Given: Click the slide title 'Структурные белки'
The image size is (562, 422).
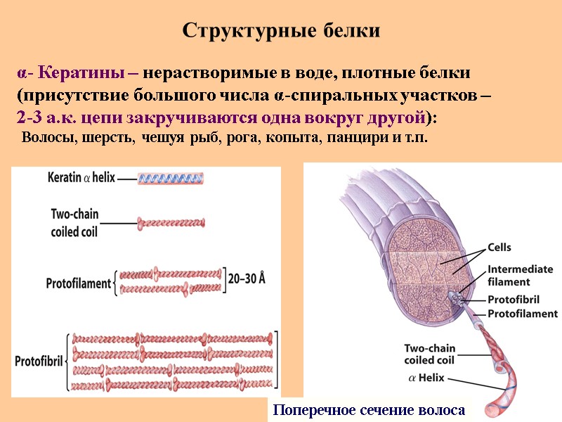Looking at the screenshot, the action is [x=281, y=31].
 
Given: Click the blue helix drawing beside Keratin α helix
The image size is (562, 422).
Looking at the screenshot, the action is [x=171, y=179].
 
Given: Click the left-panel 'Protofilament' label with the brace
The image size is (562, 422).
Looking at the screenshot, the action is [x=79, y=283].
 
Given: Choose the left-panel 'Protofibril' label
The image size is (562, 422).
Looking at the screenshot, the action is [x=40, y=361].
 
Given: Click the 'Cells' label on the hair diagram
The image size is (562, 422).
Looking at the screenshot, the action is [x=499, y=247].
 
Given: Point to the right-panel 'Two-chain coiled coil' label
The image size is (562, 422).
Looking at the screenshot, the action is [x=434, y=354].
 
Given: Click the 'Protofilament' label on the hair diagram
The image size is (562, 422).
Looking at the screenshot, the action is [x=523, y=314].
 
